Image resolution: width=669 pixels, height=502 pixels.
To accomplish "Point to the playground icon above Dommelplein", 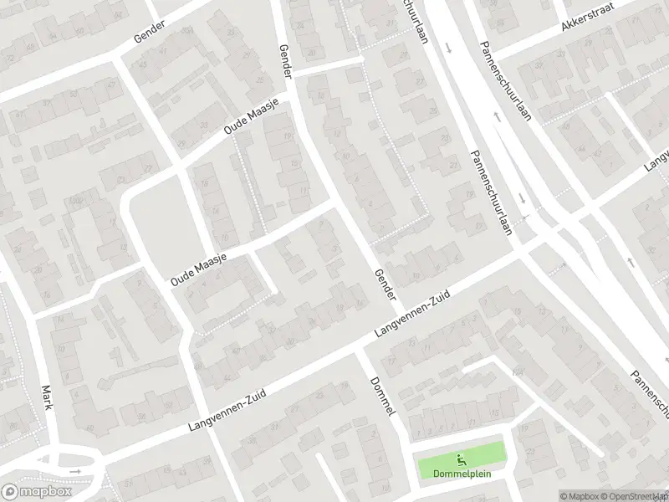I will [x=461, y=458].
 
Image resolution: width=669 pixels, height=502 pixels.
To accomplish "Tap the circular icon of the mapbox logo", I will [x=10, y=491].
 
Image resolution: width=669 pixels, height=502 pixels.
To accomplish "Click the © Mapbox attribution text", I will [x=579, y=496].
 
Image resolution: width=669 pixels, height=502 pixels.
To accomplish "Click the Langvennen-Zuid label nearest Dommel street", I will [x=412, y=315].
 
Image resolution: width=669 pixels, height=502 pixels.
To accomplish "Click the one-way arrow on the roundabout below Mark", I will [x=74, y=472].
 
